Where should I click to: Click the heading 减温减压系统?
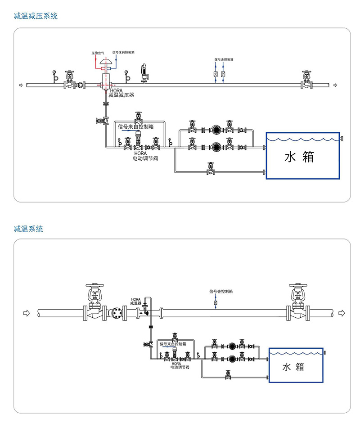coord(36,16)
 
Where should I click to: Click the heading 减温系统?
coord(29,229)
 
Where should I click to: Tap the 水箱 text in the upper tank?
coord(299,157)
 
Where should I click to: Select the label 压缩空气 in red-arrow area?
coord(98,53)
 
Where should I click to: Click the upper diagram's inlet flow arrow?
coord(20,85)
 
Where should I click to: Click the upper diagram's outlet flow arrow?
coord(335,85)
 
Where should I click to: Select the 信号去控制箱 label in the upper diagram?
coord(223,59)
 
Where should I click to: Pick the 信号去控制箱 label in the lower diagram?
coord(220,291)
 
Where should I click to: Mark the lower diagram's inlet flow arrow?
coord(26,313)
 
